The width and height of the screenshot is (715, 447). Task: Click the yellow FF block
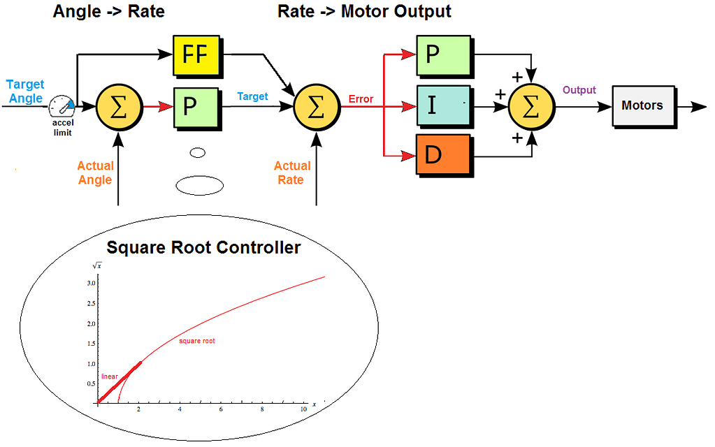(196, 55)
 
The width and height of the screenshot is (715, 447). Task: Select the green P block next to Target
(196, 108)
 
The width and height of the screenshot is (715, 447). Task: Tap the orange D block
(443, 154)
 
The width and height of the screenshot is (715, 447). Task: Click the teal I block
(443, 105)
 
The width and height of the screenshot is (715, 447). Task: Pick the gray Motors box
(643, 105)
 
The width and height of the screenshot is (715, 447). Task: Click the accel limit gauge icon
(62, 106)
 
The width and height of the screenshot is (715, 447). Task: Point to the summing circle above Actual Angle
(120, 108)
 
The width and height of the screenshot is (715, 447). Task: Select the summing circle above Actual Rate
(317, 108)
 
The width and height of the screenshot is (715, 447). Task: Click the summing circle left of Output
(532, 107)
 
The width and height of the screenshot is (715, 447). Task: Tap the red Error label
(361, 99)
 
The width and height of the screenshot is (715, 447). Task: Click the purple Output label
(579, 90)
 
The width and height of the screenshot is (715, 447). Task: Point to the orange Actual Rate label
(292, 173)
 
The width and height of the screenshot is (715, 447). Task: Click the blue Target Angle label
(25, 91)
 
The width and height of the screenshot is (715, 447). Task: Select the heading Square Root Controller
(203, 247)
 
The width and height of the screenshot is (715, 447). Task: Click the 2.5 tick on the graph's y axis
(91, 303)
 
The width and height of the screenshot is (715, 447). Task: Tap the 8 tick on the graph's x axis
(262, 409)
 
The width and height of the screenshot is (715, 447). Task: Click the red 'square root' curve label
(196, 341)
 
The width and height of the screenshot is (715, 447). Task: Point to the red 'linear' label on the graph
(110, 376)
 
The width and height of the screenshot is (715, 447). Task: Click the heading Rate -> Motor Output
(364, 11)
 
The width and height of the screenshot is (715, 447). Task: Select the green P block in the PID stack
(443, 55)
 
